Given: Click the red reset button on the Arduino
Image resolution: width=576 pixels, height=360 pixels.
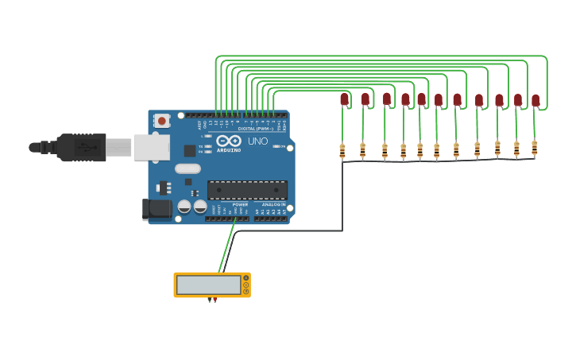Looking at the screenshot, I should [162, 121].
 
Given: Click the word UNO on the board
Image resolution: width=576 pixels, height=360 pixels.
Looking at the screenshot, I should [257, 141].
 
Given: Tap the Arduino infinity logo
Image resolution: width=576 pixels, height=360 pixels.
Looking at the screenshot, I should [228, 141].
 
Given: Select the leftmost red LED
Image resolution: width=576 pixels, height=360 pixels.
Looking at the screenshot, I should [344, 99].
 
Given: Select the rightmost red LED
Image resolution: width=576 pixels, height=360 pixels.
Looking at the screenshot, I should [535, 100].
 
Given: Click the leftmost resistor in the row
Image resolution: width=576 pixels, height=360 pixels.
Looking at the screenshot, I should [342, 151].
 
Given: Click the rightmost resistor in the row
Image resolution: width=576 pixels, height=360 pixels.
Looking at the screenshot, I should [534, 148].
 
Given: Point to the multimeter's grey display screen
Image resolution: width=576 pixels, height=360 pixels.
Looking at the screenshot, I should [209, 285].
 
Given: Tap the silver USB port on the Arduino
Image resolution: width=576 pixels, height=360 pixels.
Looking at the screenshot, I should [150, 147].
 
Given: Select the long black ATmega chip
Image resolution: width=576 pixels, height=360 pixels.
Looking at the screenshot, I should [247, 190].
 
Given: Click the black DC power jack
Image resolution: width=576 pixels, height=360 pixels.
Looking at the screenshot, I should [157, 208].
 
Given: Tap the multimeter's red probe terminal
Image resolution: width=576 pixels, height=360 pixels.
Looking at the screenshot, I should [215, 300].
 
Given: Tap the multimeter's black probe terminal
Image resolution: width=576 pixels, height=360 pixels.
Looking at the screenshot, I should [210, 300].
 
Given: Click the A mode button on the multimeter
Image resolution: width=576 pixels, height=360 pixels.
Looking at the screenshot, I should [246, 278].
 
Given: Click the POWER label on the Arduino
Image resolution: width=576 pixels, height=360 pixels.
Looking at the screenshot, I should [240, 204].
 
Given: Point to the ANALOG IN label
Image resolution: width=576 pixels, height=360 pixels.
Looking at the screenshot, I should [273, 204].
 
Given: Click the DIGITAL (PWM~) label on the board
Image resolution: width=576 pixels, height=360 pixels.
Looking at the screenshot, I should [255, 129].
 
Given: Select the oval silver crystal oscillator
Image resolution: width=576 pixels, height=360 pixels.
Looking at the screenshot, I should [187, 168].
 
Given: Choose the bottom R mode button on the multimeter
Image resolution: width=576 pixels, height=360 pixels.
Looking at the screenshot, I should [246, 292].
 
